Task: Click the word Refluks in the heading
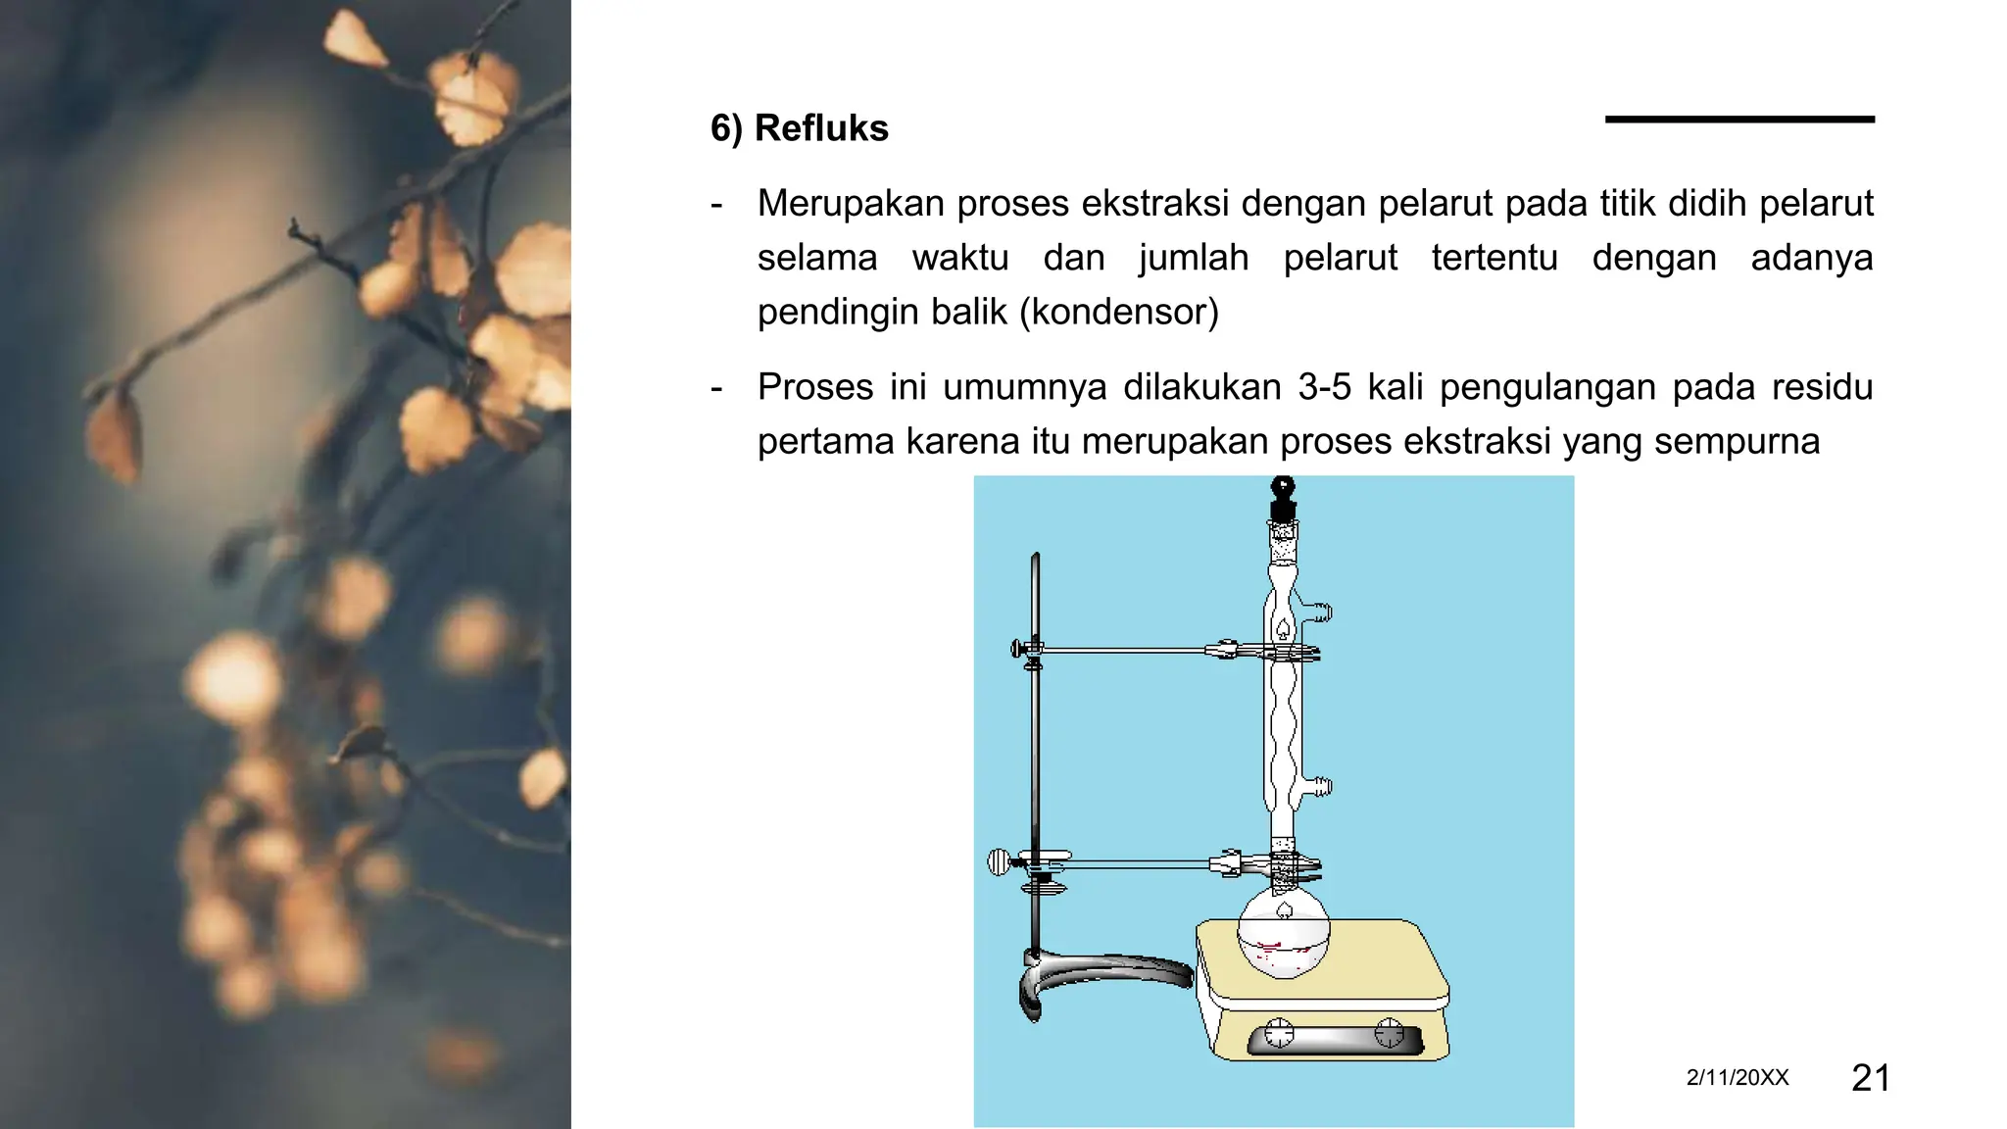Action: (821, 128)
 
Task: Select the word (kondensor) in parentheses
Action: (1119, 312)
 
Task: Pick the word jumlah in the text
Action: (1194, 258)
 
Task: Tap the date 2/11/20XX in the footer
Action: (1738, 1077)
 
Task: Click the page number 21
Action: (1871, 1077)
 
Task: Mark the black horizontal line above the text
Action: (1739, 120)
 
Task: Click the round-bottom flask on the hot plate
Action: (1284, 938)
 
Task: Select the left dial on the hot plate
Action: (1280, 1033)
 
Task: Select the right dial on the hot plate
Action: (1390, 1032)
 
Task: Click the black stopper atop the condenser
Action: (1283, 498)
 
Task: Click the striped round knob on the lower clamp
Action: (999, 862)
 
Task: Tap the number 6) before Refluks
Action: (726, 128)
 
